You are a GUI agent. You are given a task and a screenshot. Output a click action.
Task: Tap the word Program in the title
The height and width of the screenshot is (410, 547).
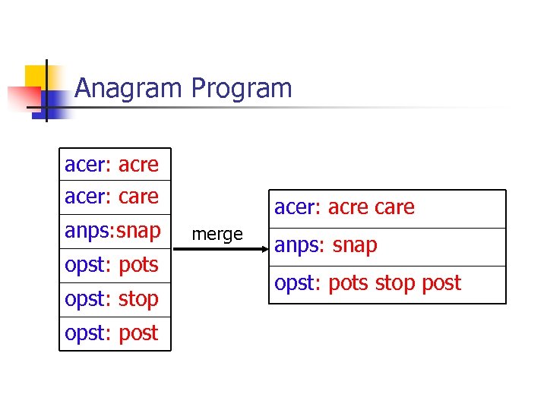coord(242,89)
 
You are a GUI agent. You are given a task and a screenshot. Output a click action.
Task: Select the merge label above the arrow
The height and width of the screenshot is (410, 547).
coord(217,235)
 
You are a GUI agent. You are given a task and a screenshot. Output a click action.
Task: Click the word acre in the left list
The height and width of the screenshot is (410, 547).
coord(138,164)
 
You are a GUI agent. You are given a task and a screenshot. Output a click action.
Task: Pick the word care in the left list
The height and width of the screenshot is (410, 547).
coord(138,196)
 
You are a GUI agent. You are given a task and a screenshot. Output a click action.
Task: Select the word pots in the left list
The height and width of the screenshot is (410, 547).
coord(138,264)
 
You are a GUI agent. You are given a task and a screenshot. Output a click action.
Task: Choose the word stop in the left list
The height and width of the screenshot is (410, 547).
coord(138,298)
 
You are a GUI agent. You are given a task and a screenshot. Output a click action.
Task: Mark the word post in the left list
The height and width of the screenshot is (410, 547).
coord(138,333)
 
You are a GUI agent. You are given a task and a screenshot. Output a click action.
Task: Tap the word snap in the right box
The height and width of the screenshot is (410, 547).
coord(354,245)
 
